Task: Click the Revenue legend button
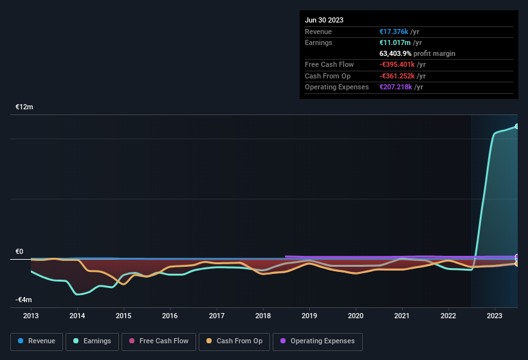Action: [x=37, y=341]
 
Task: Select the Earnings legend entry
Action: [x=93, y=341]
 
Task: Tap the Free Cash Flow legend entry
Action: [x=159, y=341]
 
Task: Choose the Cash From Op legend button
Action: [x=235, y=341]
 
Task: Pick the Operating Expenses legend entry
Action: [x=318, y=341]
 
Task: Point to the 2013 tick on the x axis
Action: [x=31, y=316]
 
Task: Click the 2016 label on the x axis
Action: [x=170, y=316]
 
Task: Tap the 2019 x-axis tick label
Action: [x=309, y=316]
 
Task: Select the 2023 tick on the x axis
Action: [x=495, y=316]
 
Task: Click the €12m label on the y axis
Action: [x=24, y=107]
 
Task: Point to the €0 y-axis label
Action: [x=20, y=252]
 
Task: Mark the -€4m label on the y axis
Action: [x=24, y=300]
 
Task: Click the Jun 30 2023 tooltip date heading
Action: [x=324, y=20]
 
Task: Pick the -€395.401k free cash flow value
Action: [x=397, y=65]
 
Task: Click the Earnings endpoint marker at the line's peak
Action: [x=517, y=126]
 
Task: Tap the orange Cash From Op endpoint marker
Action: [x=517, y=264]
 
